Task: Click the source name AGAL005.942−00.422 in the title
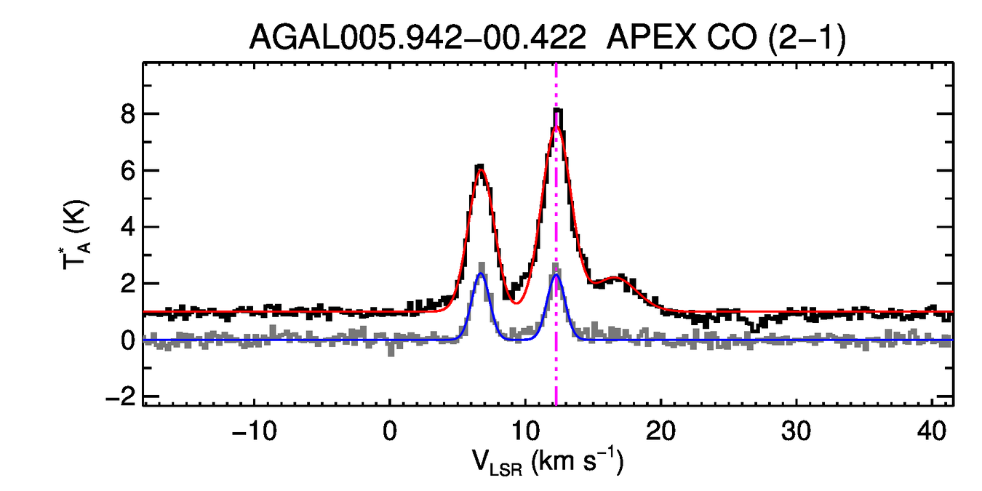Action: [418, 38]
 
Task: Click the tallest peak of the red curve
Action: [556, 126]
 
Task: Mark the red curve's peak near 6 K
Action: [480, 169]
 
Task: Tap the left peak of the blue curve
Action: [480, 274]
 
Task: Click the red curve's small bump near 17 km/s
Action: [618, 277]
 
